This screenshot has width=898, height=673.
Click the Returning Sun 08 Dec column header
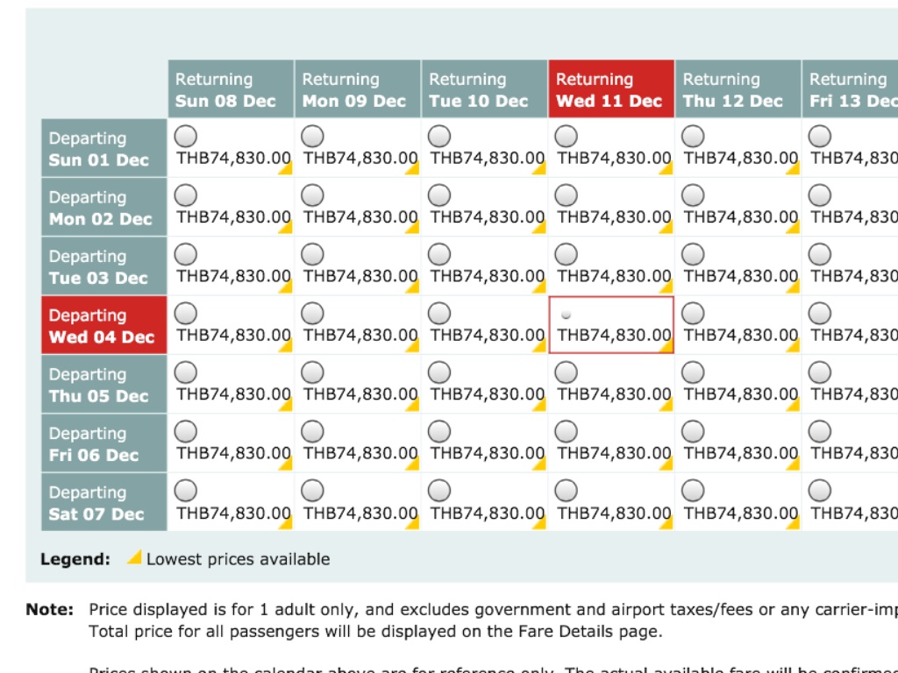pyautogui.click(x=231, y=89)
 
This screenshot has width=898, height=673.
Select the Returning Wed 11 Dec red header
pyautogui.click(x=610, y=89)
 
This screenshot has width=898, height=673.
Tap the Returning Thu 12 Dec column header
pyautogui.click(x=737, y=89)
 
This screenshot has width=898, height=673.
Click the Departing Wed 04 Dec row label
pyautogui.click(x=103, y=326)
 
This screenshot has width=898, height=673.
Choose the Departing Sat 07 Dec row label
pyautogui.click(x=103, y=503)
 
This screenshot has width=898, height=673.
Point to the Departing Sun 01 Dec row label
pyautogui.click(x=103, y=149)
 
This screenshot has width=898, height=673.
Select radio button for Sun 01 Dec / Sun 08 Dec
pyautogui.click(x=186, y=137)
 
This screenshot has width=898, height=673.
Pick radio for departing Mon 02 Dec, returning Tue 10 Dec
pyautogui.click(x=439, y=195)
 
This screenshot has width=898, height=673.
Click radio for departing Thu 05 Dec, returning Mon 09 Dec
pyautogui.click(x=313, y=372)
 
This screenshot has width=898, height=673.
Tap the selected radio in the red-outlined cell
pyautogui.click(x=567, y=314)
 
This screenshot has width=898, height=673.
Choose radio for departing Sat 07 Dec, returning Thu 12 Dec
pyautogui.click(x=693, y=491)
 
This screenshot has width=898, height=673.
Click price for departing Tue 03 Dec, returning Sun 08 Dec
pyautogui.click(x=233, y=276)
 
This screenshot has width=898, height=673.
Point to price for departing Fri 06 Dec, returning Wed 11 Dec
pyautogui.click(x=614, y=453)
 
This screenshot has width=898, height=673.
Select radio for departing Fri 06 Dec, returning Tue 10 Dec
pyautogui.click(x=439, y=431)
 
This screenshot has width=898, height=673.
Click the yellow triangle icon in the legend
pyautogui.click(x=135, y=556)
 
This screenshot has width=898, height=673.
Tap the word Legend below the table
pyautogui.click(x=75, y=559)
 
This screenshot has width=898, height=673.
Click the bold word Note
pyautogui.click(x=50, y=609)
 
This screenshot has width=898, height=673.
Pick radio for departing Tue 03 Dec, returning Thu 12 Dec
pyautogui.click(x=693, y=254)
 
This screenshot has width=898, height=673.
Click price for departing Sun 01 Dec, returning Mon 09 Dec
pyautogui.click(x=360, y=159)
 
